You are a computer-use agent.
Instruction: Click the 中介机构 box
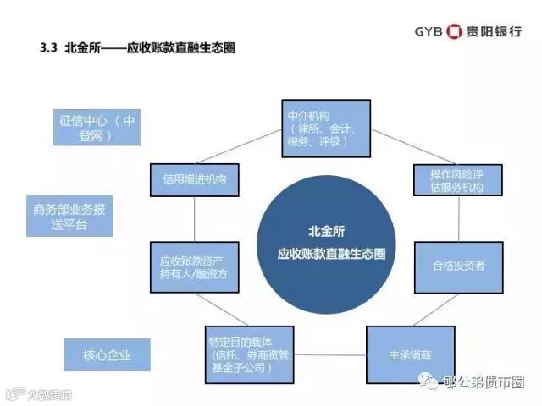coord(325,127)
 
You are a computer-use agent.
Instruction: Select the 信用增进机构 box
coord(194,179)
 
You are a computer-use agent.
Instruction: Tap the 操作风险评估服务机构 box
coord(450,179)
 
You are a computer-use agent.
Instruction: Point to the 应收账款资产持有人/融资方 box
coord(193,266)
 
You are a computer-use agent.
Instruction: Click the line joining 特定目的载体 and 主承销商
coord(333,354)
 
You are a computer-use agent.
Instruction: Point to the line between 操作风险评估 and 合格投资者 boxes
coord(457,222)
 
